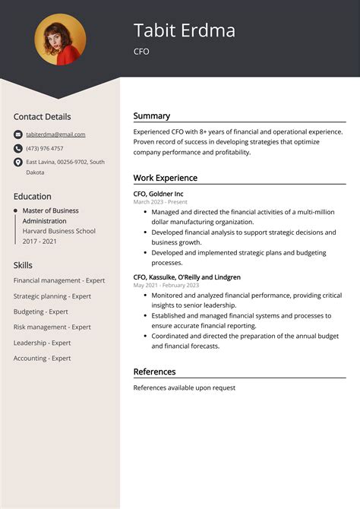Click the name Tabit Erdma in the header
click(x=185, y=30)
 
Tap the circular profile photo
click(x=60, y=40)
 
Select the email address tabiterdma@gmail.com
click(x=55, y=134)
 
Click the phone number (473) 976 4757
click(x=45, y=148)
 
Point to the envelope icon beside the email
click(x=17, y=134)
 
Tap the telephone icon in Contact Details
click(x=17, y=148)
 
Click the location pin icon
click(x=17, y=163)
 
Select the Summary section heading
click(x=152, y=116)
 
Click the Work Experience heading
click(x=166, y=178)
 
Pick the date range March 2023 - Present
click(x=160, y=202)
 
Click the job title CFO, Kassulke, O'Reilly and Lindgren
click(x=187, y=277)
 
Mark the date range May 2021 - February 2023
click(x=166, y=286)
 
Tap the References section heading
click(x=154, y=371)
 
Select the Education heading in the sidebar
click(x=33, y=196)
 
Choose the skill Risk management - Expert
click(x=52, y=327)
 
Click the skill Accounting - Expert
click(x=42, y=358)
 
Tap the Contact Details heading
click(x=42, y=117)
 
